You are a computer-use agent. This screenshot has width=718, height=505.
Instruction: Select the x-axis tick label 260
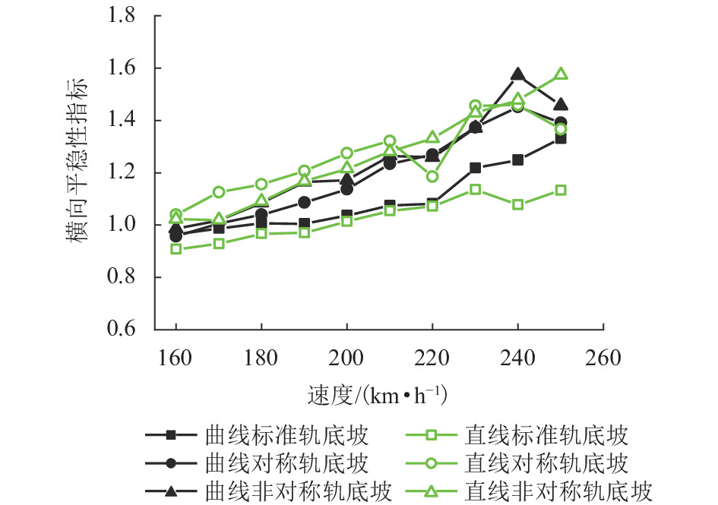click(604, 356)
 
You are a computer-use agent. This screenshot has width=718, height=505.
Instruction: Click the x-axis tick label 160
click(176, 356)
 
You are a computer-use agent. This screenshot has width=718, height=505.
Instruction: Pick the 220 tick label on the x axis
click(432, 356)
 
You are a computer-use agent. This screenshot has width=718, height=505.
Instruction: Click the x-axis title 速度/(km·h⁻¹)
click(378, 396)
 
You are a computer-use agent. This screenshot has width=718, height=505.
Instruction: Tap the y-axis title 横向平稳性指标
click(79, 173)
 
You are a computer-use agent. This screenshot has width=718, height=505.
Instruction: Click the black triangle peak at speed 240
click(518, 74)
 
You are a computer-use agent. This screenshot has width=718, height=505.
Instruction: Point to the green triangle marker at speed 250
click(561, 74)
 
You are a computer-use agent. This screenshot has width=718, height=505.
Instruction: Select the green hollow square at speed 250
click(561, 190)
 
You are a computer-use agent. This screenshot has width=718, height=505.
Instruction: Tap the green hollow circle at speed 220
click(432, 177)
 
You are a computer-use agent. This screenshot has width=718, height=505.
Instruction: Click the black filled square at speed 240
click(518, 160)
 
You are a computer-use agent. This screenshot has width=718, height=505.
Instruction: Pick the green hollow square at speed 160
click(176, 248)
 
